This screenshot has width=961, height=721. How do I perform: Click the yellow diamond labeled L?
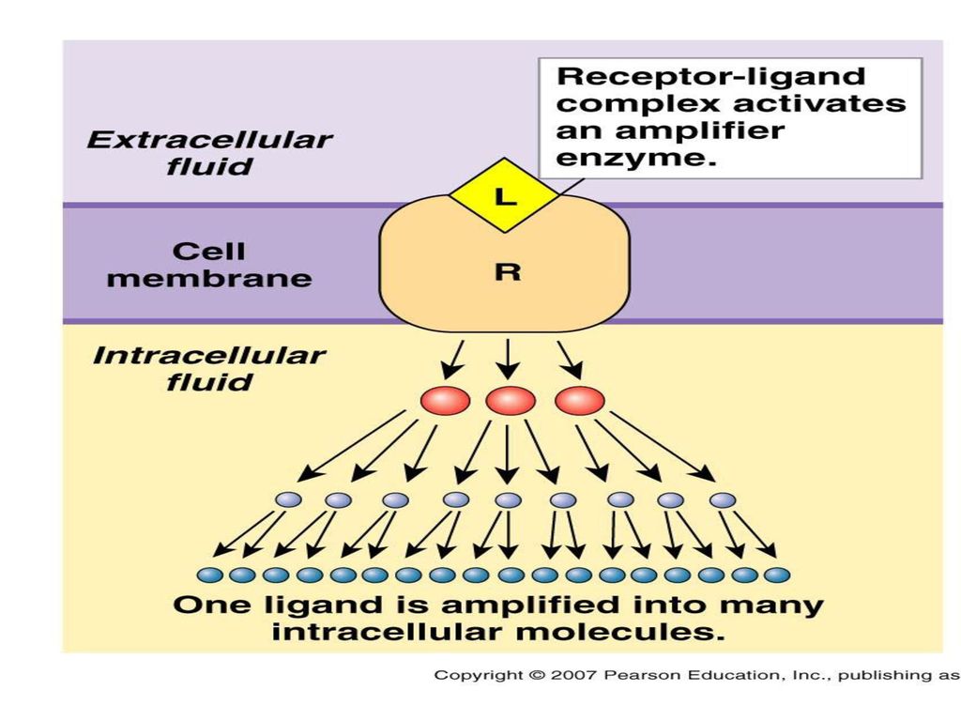pyautogui.click(x=504, y=195)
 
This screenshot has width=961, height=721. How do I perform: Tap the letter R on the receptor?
pyautogui.click(x=508, y=271)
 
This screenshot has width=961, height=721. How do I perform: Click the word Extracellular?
pyautogui.click(x=209, y=140)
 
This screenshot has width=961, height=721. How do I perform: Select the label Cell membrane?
pyautogui.click(x=209, y=264)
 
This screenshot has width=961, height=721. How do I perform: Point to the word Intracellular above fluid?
pyautogui.click(x=209, y=356)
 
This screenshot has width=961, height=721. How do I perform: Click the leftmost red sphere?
pyautogui.click(x=446, y=402)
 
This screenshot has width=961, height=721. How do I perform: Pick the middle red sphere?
pyautogui.click(x=510, y=402)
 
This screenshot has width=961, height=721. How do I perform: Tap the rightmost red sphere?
pyautogui.click(x=580, y=402)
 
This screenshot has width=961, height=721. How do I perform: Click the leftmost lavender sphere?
pyautogui.click(x=289, y=499)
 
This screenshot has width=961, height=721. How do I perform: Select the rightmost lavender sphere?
pyautogui.click(x=723, y=499)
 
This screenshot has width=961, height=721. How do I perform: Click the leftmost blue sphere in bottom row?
pyautogui.click(x=209, y=575)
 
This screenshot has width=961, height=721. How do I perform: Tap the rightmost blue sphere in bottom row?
pyautogui.click(x=777, y=575)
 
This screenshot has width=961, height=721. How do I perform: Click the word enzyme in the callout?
pyautogui.click(x=636, y=158)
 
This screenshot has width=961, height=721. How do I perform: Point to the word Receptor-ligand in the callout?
pyautogui.click(x=711, y=77)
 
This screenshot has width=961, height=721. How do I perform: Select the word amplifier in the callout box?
pyautogui.click(x=699, y=130)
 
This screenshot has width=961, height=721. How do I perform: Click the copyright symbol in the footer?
pyautogui.click(x=537, y=676)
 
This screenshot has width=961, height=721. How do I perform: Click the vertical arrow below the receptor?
pyautogui.click(x=508, y=360)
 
